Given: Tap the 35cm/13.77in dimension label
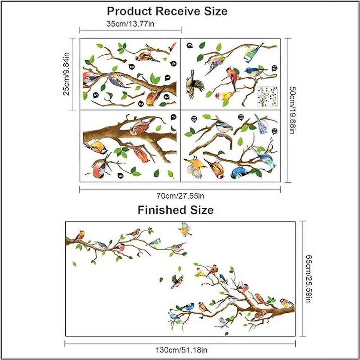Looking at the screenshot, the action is tap(130, 24).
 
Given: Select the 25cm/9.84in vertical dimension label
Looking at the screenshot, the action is tap(66, 74).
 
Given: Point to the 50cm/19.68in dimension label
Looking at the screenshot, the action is tap(292, 110).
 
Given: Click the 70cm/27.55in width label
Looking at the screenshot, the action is tap(180, 196).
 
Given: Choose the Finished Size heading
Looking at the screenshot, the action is tap(176, 210).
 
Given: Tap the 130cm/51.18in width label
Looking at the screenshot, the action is tap(181, 350).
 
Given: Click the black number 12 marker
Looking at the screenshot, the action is tap(274, 68).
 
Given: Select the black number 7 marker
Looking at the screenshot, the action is tap(174, 117).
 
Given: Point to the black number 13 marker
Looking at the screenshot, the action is tap(274, 132).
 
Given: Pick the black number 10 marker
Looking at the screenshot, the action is tap(194, 119).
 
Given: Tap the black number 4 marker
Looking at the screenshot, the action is tap(173, 64).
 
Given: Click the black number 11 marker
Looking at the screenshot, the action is tap(241, 118).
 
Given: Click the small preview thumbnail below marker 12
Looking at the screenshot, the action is tap(268, 96).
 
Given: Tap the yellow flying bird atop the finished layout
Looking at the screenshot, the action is tap(185, 229).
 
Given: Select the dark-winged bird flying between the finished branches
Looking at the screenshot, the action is tap(177, 282).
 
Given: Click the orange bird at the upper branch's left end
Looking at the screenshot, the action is tap(80, 235).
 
